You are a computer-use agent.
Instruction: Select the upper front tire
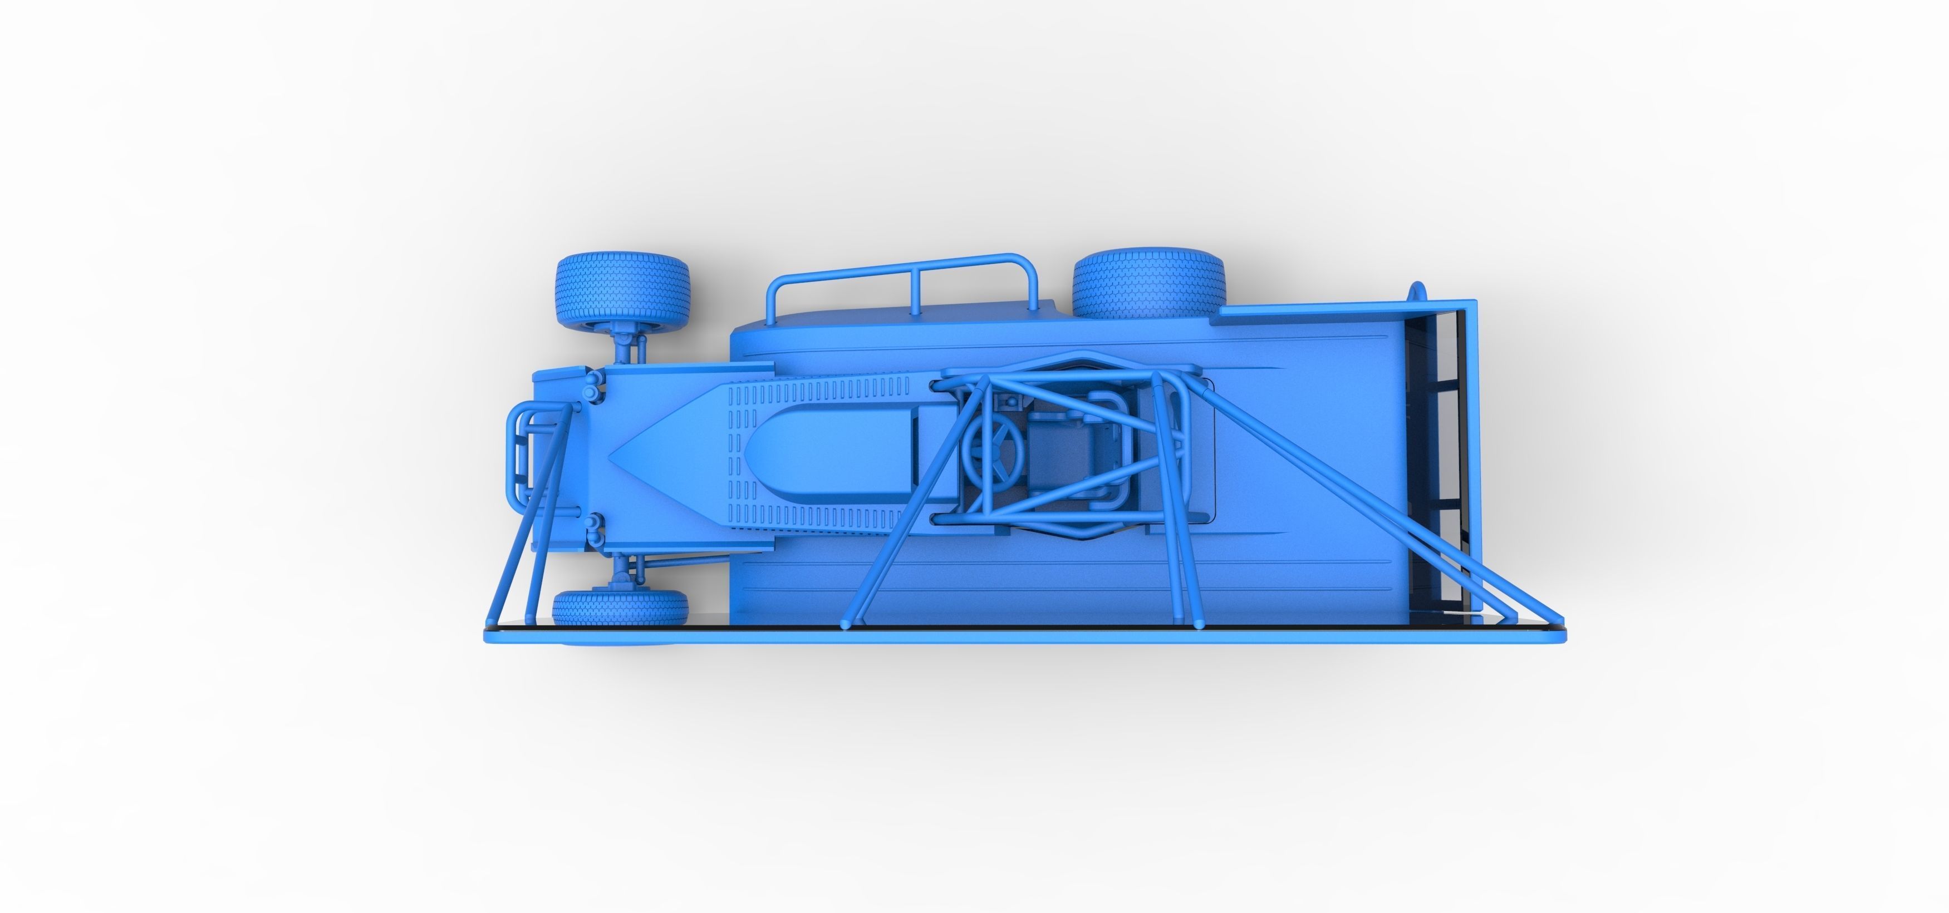(622, 290)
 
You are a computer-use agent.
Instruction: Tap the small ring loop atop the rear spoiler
(1417, 291)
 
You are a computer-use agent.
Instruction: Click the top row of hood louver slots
(817, 391)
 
